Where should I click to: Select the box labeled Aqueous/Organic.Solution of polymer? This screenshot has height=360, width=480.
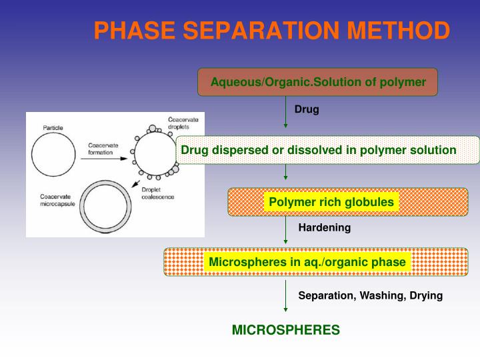317,82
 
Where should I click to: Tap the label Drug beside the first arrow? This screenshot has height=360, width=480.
307,109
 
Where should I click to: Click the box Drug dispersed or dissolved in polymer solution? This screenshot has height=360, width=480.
319,150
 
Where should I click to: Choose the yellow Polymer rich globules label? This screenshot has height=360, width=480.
331,201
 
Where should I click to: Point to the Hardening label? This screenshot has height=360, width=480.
324,227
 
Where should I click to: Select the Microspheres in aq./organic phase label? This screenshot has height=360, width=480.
307,262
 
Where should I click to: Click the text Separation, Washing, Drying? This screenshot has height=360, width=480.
370,295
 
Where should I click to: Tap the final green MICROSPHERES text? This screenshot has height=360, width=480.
285,329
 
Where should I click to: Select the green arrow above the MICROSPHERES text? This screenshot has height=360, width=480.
285,296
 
